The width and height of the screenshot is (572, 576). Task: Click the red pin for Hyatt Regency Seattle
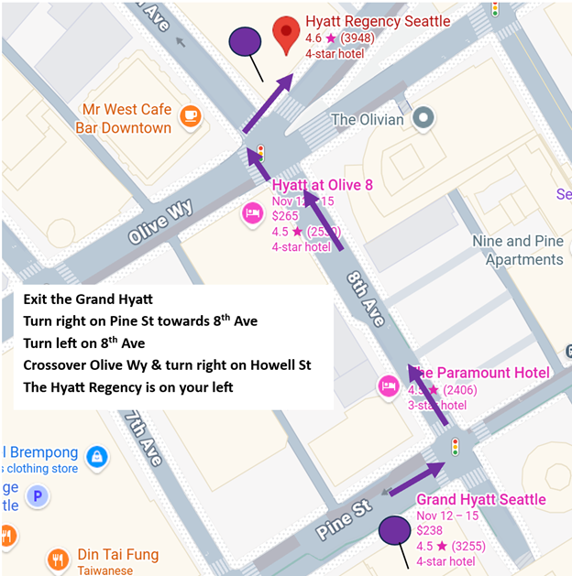click(x=287, y=32)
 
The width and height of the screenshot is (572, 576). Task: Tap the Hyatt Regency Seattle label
click(x=378, y=21)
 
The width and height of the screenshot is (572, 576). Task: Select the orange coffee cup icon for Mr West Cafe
click(x=190, y=115)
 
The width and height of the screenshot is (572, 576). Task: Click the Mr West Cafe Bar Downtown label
click(x=126, y=118)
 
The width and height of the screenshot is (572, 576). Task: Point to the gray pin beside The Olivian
click(x=423, y=118)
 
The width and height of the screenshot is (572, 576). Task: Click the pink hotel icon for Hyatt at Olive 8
click(x=252, y=213)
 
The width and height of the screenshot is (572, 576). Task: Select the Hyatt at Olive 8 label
click(x=323, y=185)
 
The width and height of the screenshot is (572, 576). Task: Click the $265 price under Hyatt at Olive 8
click(x=286, y=215)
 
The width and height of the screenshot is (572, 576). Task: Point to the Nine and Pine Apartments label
click(x=517, y=250)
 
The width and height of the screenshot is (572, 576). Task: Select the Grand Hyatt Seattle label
click(x=481, y=500)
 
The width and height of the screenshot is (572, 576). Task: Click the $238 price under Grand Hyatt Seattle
click(x=431, y=531)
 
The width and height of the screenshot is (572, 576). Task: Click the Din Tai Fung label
click(x=117, y=555)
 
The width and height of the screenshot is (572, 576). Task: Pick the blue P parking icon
click(x=37, y=497)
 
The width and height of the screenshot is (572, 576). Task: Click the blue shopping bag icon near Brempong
click(x=94, y=455)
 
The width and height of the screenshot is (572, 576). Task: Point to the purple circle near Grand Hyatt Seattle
click(x=394, y=531)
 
